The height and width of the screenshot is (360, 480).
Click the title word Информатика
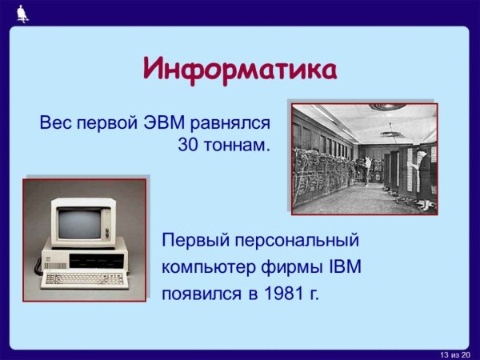click(239, 69)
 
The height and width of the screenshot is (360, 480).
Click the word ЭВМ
click(166, 123)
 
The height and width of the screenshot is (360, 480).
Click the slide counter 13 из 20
click(455, 354)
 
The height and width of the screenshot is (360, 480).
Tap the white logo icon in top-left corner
click(22, 12)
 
